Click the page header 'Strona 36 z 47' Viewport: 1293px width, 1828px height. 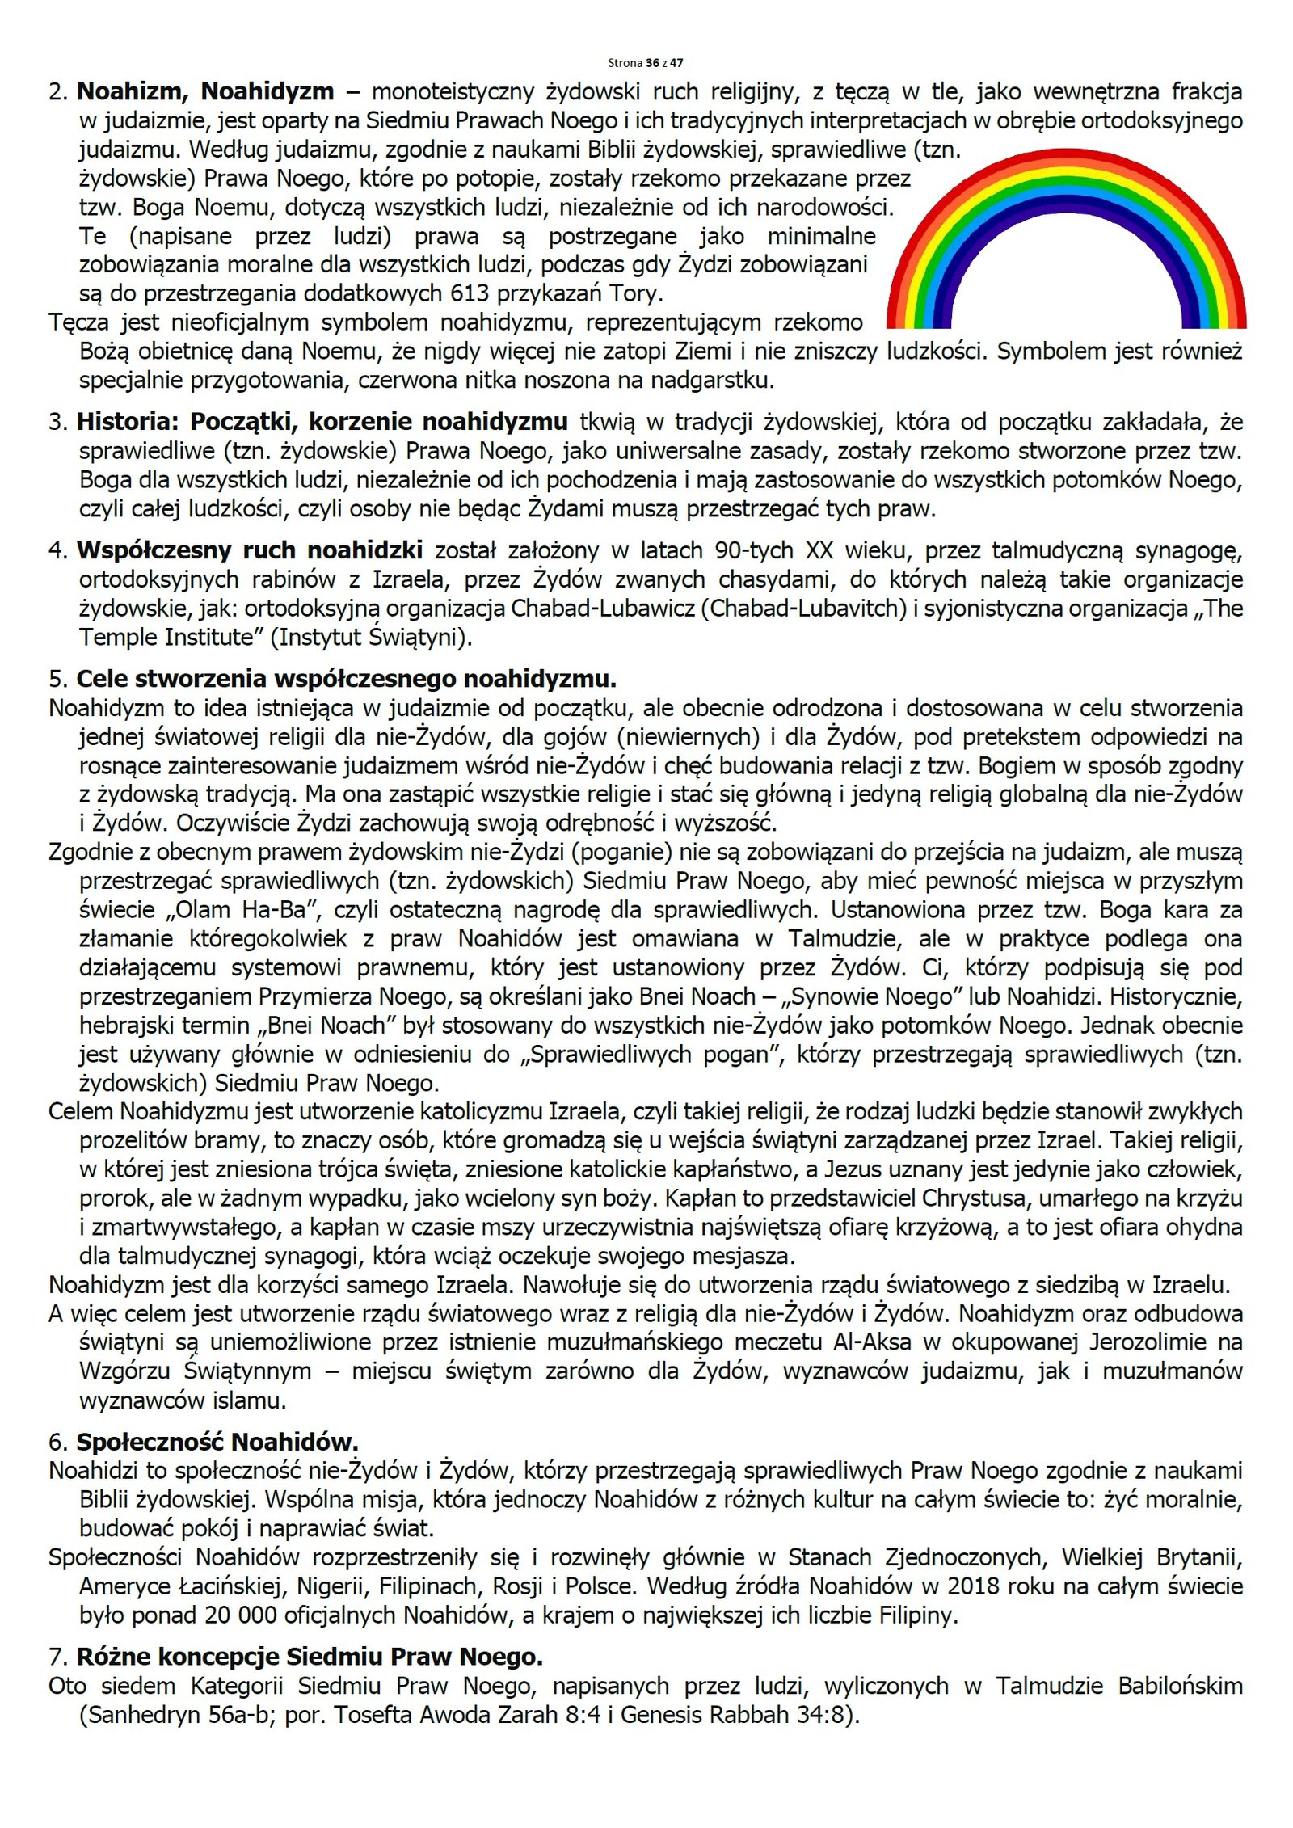tap(645, 62)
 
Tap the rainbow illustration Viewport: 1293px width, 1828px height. tap(1066, 242)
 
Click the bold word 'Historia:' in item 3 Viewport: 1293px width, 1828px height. tap(129, 422)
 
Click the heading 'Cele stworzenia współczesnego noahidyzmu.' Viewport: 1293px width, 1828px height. tap(347, 680)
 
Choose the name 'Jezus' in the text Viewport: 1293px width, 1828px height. tap(858, 1169)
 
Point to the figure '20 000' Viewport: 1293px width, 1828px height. tap(238, 1615)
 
